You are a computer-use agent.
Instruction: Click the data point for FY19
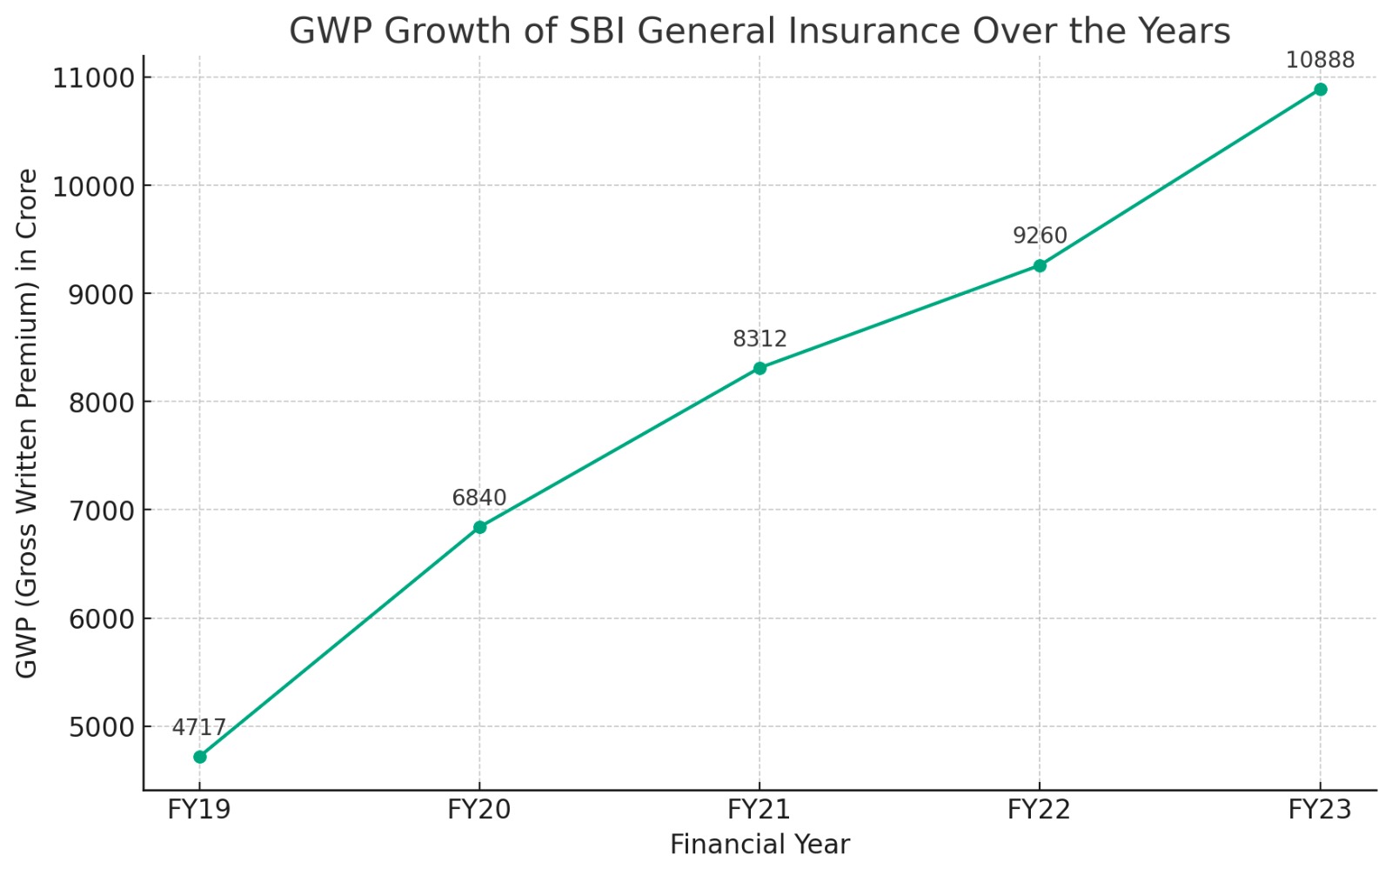200,757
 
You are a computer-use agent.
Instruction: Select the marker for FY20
479,527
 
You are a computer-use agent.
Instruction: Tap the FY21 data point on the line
760,368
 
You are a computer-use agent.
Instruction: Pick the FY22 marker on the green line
1040,265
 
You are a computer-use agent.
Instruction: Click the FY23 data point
1320,90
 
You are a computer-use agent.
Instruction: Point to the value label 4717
199,728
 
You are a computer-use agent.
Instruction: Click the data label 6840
479,498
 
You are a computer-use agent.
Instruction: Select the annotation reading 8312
760,339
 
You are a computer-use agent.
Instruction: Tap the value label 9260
1040,237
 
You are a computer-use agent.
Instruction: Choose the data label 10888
1320,61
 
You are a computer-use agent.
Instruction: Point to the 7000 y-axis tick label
99,511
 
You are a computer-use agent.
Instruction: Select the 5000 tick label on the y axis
99,727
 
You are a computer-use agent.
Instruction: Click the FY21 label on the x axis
760,810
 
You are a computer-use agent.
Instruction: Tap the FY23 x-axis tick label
1320,810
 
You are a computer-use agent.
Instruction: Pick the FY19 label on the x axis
199,810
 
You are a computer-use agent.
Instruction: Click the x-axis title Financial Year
760,845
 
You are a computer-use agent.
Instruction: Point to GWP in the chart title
330,31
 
